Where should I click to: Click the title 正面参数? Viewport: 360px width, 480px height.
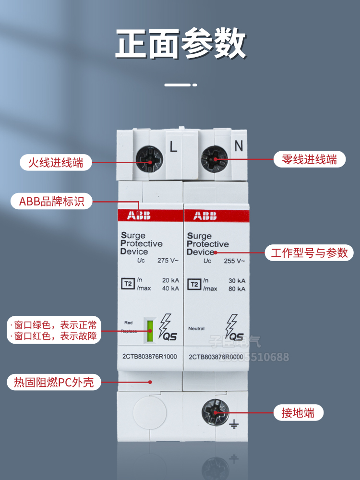[x=180, y=45]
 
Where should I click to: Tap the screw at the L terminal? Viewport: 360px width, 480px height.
[x=149, y=158]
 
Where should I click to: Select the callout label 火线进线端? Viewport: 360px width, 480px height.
[x=55, y=163]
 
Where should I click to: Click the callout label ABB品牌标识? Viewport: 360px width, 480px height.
[x=52, y=201]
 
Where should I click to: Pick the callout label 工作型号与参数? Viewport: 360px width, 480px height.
[x=309, y=252]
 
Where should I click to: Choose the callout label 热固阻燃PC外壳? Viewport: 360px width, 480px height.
[x=54, y=383]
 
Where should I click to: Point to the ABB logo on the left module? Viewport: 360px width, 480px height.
[x=139, y=216]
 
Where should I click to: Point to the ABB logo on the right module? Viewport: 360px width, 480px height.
[x=205, y=216]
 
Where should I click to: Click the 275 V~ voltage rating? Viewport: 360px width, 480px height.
[x=168, y=261]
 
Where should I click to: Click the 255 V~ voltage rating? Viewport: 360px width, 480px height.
[x=235, y=261]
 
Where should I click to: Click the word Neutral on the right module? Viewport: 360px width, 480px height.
[x=196, y=328]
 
